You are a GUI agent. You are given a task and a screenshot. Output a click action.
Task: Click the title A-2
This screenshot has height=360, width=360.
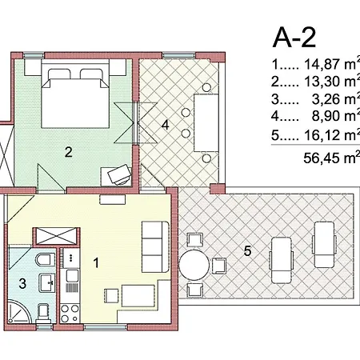click(x=294, y=38)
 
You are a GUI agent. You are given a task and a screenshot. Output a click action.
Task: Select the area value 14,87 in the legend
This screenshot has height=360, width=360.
click(x=322, y=64)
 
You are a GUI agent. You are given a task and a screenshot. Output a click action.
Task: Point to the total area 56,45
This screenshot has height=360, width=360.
click(x=322, y=158)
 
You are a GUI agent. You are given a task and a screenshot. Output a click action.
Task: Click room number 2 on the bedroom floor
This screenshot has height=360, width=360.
click(x=69, y=152)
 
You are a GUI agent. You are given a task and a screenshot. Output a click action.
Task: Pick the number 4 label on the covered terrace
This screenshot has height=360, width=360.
click(x=166, y=125)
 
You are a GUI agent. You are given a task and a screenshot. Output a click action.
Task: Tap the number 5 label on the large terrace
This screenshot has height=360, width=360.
click(x=247, y=251)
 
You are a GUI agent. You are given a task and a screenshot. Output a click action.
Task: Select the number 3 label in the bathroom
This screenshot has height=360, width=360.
click(x=22, y=283)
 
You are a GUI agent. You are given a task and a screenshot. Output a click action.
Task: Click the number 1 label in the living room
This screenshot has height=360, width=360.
click(x=96, y=263)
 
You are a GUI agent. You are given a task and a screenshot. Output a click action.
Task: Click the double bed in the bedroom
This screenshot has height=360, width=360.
click(x=75, y=98)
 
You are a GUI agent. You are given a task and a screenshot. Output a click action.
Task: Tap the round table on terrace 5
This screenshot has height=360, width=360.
click(x=194, y=265)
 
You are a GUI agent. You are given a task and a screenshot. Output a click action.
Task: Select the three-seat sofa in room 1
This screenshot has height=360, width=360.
click(x=155, y=246)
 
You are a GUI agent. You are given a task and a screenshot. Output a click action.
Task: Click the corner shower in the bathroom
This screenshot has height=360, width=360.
click(x=19, y=312)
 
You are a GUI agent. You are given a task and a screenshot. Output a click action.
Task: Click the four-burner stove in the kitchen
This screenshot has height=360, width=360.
click(x=70, y=314)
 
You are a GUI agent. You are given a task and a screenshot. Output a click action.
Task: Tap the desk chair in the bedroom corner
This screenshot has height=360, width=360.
click(x=119, y=174)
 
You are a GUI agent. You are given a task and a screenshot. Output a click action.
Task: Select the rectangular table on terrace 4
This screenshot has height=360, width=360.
click(x=206, y=122)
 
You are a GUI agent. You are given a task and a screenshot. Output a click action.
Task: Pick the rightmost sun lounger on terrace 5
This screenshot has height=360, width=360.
click(x=324, y=245)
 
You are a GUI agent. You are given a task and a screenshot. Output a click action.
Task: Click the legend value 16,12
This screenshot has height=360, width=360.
click(x=322, y=135)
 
